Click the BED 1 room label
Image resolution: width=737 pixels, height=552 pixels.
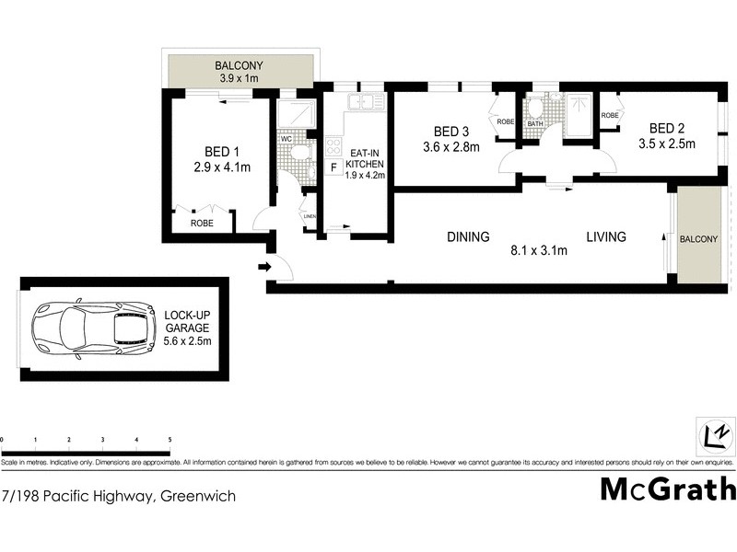pos(222,152)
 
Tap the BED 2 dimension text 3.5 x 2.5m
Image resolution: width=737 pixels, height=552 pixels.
pos(666,144)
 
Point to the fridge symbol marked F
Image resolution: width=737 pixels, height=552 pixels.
pos(333,167)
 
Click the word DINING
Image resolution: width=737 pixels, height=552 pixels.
pos(468,236)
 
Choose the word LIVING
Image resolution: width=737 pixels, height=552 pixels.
pos(606,236)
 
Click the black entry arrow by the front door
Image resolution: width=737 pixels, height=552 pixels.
pos(264,268)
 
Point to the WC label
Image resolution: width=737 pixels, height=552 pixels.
pos(287,139)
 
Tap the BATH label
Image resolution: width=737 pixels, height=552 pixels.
pos(535,122)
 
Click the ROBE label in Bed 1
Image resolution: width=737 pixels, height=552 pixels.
pos(202,223)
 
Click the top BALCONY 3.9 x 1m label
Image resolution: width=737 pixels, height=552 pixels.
pos(239,72)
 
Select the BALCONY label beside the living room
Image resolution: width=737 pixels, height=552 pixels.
pos(697,239)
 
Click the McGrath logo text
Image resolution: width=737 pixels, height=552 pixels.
pos(668,489)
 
